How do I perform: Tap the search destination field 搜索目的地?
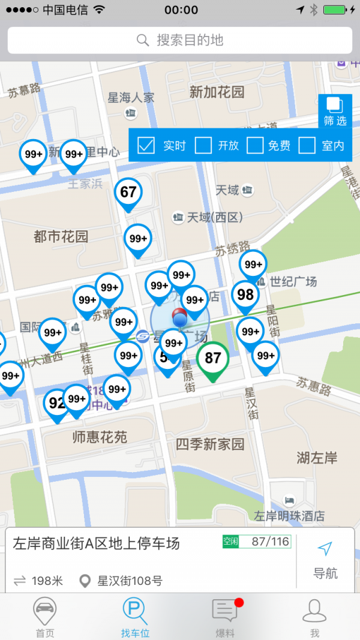[180, 40]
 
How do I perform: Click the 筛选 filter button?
[335, 112]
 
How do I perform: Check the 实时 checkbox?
[146, 145]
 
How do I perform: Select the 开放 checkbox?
[204, 145]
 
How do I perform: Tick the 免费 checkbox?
[256, 145]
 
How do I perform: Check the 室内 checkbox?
[307, 145]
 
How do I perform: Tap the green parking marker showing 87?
[213, 359]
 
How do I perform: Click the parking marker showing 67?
[128, 193]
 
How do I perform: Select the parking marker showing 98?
[245, 295]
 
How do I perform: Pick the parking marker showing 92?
[56, 404]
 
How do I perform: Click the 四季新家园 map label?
[210, 444]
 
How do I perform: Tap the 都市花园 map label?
[61, 237]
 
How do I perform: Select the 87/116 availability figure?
[270, 542]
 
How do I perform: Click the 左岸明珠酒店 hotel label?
[289, 515]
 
